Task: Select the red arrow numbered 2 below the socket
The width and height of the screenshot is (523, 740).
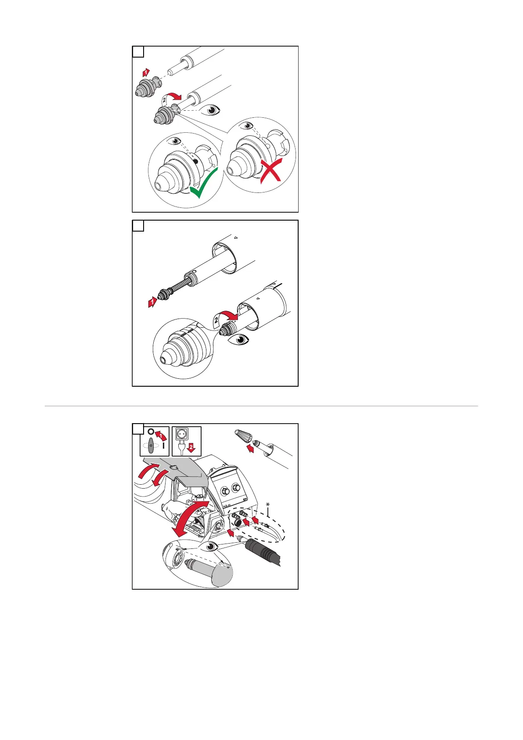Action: coord(191,447)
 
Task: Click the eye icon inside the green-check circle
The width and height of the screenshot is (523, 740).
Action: coord(177,141)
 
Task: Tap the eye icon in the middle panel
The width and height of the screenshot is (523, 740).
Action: coord(239,340)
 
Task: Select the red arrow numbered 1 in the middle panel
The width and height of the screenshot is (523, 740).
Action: coord(152,302)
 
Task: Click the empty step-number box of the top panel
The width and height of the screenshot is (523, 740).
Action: coord(138,52)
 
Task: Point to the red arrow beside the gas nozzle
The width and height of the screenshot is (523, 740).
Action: coord(250,449)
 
